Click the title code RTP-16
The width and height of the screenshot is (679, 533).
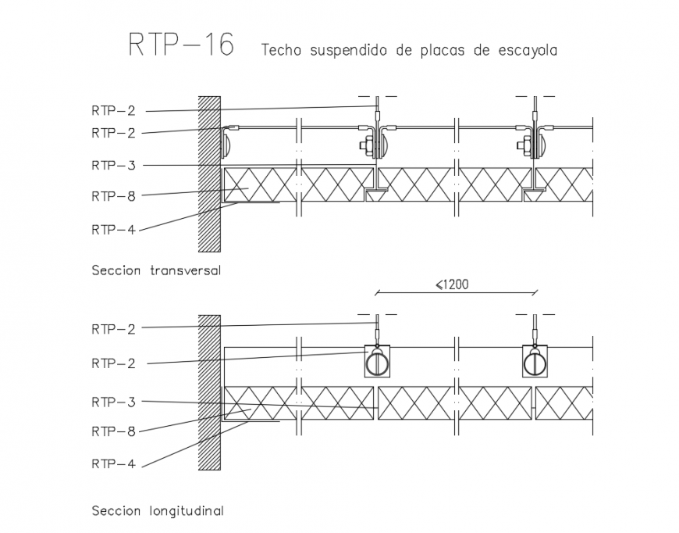click(181, 45)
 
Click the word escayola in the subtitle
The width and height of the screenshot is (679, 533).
click(525, 51)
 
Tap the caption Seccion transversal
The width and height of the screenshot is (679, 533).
click(156, 271)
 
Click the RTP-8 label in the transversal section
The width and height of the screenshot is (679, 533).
click(113, 196)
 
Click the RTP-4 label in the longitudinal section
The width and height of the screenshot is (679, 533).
click(113, 463)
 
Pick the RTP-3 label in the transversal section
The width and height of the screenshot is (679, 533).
click(113, 165)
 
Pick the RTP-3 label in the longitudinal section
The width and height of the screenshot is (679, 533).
click(113, 402)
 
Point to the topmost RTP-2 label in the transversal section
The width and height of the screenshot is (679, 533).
click(113, 111)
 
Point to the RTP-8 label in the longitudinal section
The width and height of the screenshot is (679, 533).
click(113, 431)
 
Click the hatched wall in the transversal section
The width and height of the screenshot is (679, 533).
click(209, 173)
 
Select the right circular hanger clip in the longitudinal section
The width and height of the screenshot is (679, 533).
click(535, 363)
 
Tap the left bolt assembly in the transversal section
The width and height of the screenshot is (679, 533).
click(368, 145)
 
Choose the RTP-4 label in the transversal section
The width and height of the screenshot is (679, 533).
click(113, 229)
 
